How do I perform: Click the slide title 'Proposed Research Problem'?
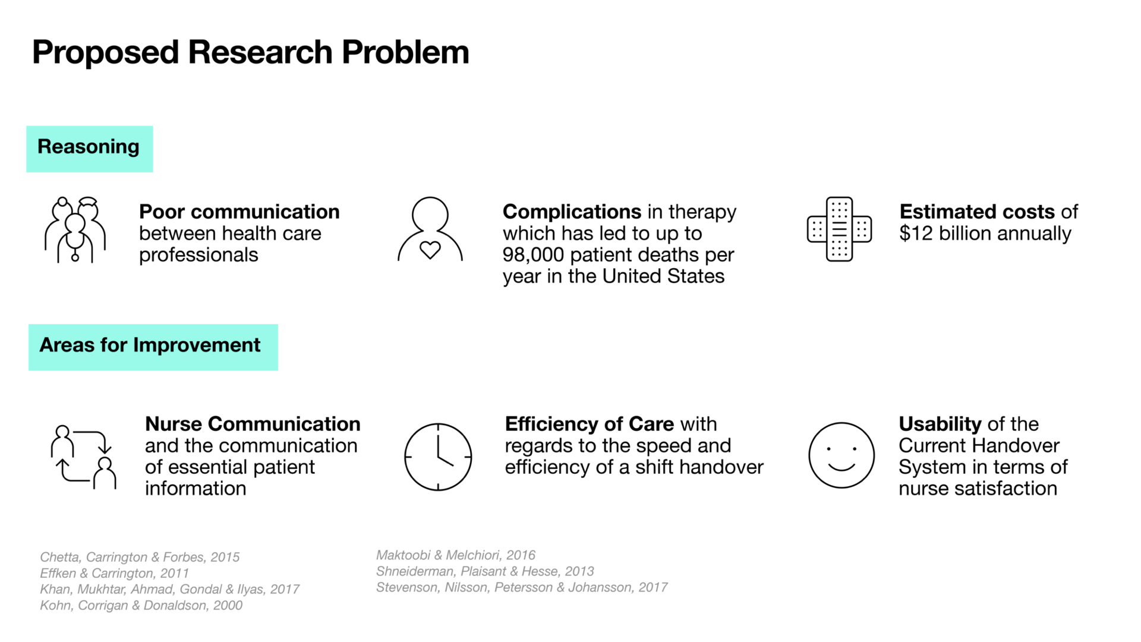pyautogui.click(x=251, y=52)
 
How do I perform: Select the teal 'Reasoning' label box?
pyautogui.click(x=90, y=149)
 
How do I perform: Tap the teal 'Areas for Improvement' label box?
pyautogui.click(x=153, y=347)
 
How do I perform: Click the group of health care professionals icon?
pyautogui.click(x=75, y=229)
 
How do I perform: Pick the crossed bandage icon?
pyautogui.click(x=839, y=229)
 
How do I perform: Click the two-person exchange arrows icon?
pyautogui.click(x=83, y=457)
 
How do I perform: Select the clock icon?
pyautogui.click(x=438, y=457)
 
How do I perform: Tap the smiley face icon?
pyautogui.click(x=841, y=455)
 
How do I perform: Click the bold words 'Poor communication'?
pyautogui.click(x=239, y=212)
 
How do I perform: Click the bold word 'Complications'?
pyautogui.click(x=572, y=212)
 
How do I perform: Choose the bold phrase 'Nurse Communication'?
pyautogui.click(x=253, y=424)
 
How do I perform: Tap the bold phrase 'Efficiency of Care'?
pyautogui.click(x=590, y=424)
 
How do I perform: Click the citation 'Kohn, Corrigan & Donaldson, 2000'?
pyautogui.click(x=141, y=605)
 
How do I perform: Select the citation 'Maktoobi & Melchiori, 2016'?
pyautogui.click(x=456, y=555)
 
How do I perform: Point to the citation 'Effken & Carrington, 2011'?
pyautogui.click(x=115, y=573)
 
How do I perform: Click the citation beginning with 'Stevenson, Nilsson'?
pyautogui.click(x=522, y=587)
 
